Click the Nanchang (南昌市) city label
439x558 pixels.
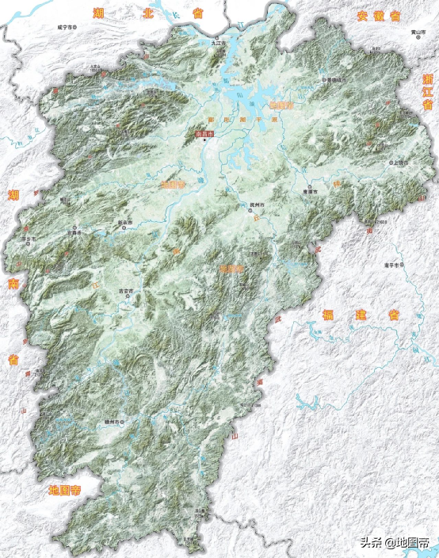pyautogui.click(x=204, y=134)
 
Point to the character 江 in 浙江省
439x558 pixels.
pyautogui.click(x=428, y=96)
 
